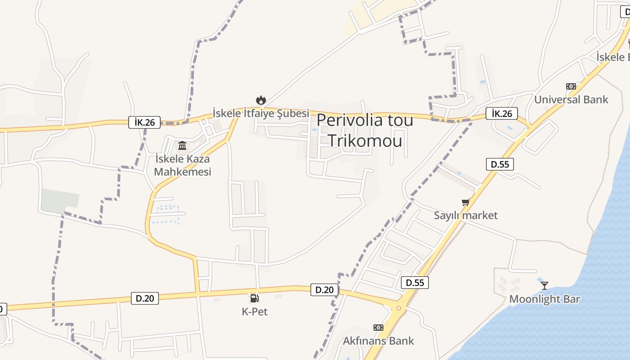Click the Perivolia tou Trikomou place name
tap(364, 130)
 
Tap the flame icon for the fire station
tap(261, 100)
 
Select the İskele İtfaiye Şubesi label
tap(261, 113)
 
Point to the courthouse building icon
tap(182, 145)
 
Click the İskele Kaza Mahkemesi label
tap(182, 165)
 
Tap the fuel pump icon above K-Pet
tap(254, 298)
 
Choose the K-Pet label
tap(255, 311)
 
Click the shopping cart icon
tap(466, 202)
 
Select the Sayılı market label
tap(466, 216)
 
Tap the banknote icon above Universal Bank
tap(571, 86)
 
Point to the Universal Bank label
tap(571, 99)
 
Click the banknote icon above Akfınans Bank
tap(378, 328)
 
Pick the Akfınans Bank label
tap(378, 341)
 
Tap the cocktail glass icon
tap(544, 285)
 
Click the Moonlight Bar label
tap(544, 299)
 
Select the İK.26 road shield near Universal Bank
tap(502, 113)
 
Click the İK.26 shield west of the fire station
tap(144, 122)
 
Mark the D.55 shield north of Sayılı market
tap(500, 164)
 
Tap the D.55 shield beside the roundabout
tap(415, 283)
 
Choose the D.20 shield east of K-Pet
tap(324, 290)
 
